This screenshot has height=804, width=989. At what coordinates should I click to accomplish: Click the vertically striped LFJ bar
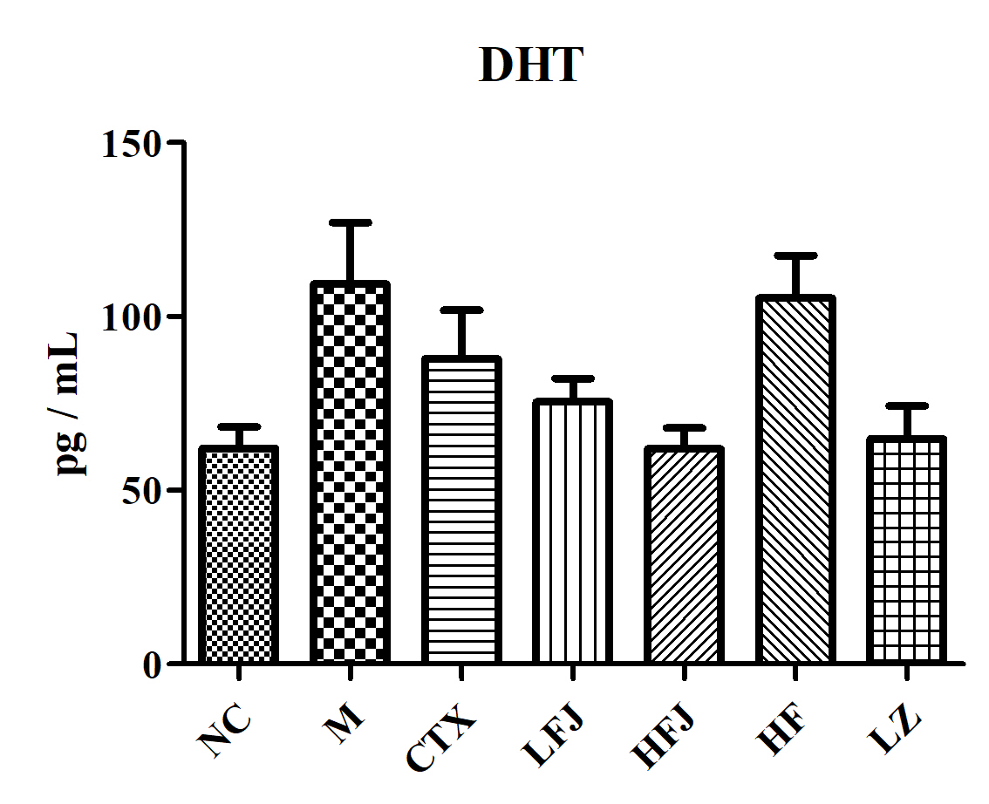pyautogui.click(x=572, y=532)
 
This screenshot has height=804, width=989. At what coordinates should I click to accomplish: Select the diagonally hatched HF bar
pyautogui.click(x=795, y=480)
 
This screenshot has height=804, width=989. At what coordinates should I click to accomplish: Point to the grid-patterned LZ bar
pyautogui.click(x=907, y=550)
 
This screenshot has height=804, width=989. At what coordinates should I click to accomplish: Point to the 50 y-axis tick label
pyautogui.click(x=142, y=489)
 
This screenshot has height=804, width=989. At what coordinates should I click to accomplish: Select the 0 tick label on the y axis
pyautogui.click(x=153, y=664)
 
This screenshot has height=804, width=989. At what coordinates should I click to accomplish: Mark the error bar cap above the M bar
pyautogui.click(x=350, y=223)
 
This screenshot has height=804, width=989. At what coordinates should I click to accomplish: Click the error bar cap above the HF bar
pyautogui.click(x=795, y=256)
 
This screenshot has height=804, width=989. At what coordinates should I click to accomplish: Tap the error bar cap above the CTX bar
pyautogui.click(x=461, y=310)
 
